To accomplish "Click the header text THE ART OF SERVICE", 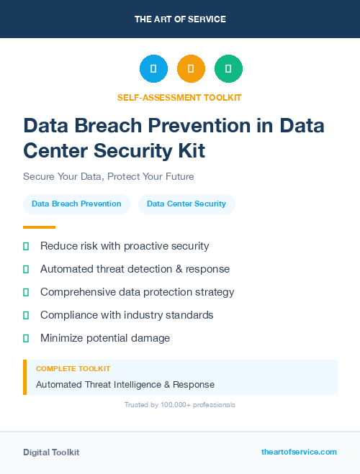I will tap(180, 19).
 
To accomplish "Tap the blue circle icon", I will tap(153, 69).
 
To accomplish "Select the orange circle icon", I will tap(191, 69).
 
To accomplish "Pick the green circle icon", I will tap(228, 69).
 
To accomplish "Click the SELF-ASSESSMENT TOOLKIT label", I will tap(179, 97).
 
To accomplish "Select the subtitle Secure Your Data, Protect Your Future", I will tap(109, 176).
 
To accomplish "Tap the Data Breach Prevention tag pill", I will tap(76, 204).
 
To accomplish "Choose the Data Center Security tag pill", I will tap(186, 204).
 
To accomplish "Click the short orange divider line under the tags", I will tap(39, 227).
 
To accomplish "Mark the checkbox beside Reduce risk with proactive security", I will tap(26, 246).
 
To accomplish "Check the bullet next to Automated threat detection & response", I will tap(26, 269).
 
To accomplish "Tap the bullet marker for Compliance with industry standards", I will tap(26, 315).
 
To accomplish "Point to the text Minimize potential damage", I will tap(104, 338).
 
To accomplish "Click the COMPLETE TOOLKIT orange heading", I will tap(73, 369).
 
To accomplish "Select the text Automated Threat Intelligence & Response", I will tap(125, 385).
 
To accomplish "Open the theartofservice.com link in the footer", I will tap(299, 452).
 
